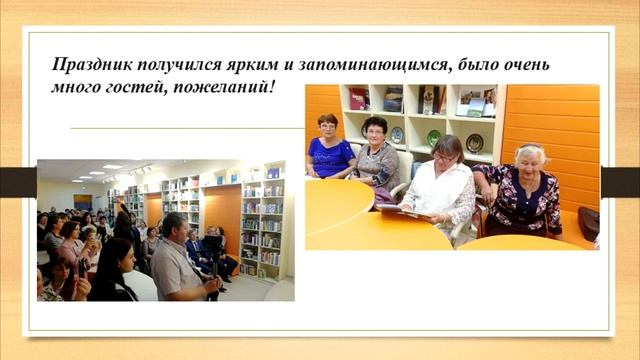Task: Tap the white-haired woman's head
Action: point(528,155)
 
